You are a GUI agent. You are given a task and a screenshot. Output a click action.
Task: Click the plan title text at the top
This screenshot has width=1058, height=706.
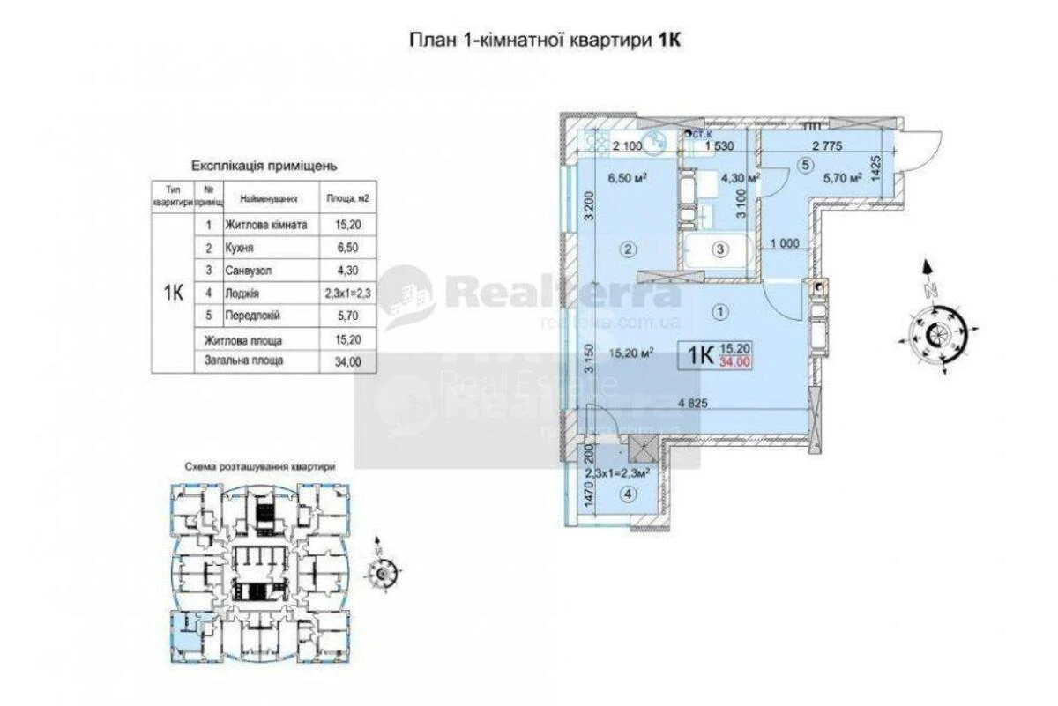(547, 40)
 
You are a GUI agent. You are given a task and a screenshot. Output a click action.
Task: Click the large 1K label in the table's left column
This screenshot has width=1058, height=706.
(173, 294)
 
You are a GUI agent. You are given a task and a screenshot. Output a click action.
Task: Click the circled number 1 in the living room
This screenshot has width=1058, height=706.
(721, 310)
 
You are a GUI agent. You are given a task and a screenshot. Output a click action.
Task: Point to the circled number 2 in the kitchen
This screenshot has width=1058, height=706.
(628, 249)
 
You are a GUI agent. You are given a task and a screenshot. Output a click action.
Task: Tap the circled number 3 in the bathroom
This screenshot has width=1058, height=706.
(720, 249)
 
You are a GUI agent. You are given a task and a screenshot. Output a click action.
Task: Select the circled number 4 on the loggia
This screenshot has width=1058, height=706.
(627, 495)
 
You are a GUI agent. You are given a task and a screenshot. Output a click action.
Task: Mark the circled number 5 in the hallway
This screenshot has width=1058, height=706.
(803, 163)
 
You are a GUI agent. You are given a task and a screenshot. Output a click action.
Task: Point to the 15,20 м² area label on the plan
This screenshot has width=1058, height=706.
(630, 353)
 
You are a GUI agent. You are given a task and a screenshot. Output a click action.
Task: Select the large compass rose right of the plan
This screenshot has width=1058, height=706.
(937, 334)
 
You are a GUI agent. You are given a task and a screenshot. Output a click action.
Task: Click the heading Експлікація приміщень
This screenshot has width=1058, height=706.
(264, 165)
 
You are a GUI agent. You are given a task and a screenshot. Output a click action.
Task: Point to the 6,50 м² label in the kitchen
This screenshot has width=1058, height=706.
(628, 176)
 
